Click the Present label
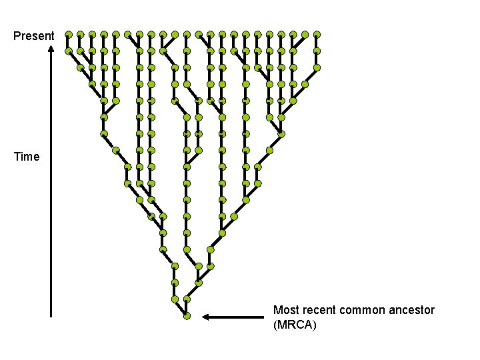point(34,35)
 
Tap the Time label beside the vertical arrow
point(27,157)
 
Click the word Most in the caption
point(286,310)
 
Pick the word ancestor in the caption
point(412,310)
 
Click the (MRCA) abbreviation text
point(295,325)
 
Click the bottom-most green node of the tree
point(187,316)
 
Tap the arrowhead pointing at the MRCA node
point(207,317)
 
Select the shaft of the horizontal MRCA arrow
point(237,317)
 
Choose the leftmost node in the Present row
point(69,33)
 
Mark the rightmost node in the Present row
point(317,33)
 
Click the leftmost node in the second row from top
point(69,50)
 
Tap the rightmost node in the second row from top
point(317,50)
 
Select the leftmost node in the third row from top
point(80,67)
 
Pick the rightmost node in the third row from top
point(317,67)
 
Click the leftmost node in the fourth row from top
point(92,83)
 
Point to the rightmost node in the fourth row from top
point(305,84)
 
